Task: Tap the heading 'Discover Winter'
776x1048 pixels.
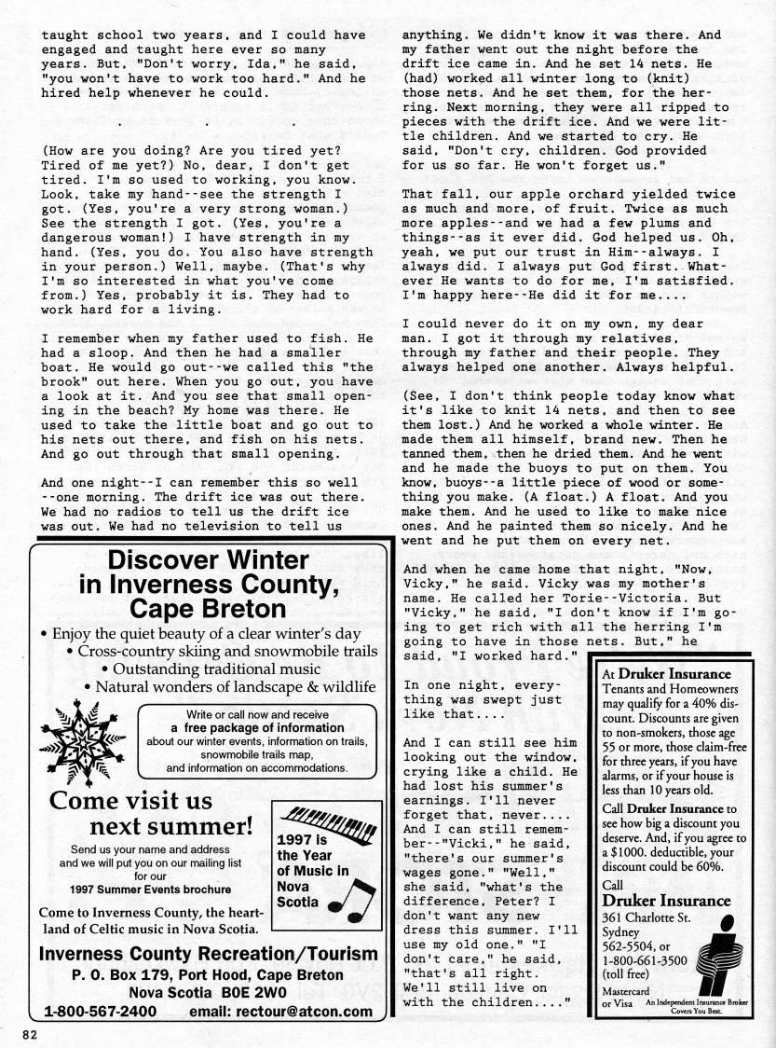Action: point(209,560)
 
